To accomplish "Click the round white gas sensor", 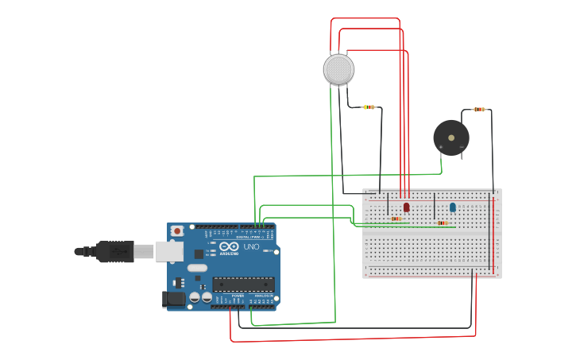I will click(338, 69).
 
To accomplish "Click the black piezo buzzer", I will click(450, 137).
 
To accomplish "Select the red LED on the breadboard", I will click(406, 207).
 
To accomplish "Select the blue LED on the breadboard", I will click(452, 207).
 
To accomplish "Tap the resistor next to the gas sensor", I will click(369, 107).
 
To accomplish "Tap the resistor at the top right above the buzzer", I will click(478, 110).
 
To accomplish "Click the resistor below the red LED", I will click(396, 219).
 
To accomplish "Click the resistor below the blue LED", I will click(442, 223).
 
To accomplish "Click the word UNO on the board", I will click(251, 247).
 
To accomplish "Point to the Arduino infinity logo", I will click(230, 247).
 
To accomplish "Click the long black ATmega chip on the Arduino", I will click(243, 284).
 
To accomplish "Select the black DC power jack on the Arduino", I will click(174, 299).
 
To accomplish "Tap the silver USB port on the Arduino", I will click(169, 251).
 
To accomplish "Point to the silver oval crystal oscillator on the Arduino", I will click(197, 268).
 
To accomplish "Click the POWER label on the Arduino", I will click(238, 296).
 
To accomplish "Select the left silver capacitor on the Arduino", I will click(195, 297).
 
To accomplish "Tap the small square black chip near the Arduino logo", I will click(199, 254).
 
